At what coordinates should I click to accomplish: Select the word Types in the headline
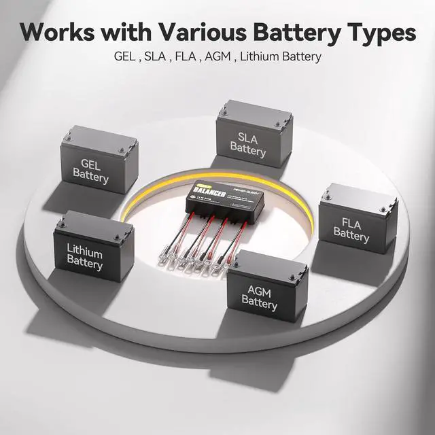coord(381,31)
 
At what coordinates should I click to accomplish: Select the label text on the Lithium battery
coord(85,259)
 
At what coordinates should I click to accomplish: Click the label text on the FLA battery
coord(351,229)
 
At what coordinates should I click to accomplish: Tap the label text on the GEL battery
coord(90,171)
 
